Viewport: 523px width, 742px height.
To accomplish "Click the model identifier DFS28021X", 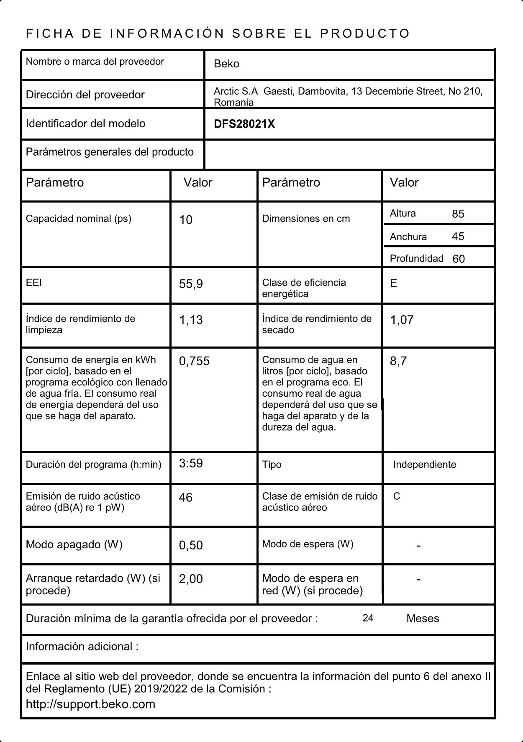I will pos(244,124).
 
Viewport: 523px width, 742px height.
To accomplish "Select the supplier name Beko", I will pos(226,64).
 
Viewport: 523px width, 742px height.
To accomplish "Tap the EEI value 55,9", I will pos(191,284).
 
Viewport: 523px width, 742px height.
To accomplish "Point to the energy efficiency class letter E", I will pos(393,283).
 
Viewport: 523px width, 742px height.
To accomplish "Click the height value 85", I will pos(458,214).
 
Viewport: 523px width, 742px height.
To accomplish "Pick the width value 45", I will pos(458,236).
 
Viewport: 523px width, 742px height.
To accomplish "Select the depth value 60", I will pos(459,259).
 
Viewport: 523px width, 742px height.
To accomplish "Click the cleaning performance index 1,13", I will pos(191,320).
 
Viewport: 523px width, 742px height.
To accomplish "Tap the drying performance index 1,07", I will pos(402,320).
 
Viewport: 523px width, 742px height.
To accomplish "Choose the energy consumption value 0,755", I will pos(194,361).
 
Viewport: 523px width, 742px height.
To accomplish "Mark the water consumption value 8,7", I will pos(398,361).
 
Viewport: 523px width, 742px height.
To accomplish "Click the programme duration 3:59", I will pos(191,463).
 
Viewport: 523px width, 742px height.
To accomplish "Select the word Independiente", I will pos(424,465).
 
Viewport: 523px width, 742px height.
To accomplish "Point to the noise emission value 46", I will pos(185,497).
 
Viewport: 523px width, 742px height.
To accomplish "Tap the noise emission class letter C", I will pos(397,496).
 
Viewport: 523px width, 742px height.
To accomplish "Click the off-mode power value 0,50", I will pos(191,545).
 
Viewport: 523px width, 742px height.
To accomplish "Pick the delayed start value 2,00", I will pos(191,579).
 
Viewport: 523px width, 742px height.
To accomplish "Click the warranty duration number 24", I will pos(368,618).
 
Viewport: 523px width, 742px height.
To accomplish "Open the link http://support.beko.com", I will pos(90,704).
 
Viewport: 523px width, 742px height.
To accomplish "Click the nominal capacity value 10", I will pos(186,220).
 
